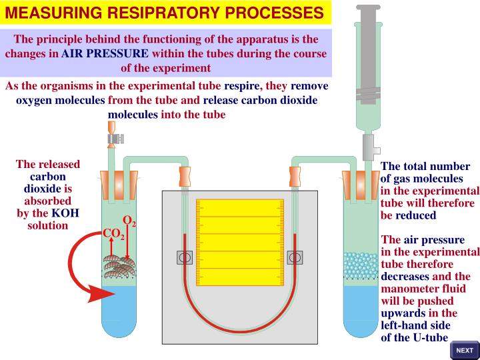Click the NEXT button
464,350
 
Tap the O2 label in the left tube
129,221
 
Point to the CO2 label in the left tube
113,234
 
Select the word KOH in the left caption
66,213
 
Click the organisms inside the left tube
119,265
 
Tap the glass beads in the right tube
360,264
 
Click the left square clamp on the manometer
185,257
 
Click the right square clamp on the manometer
294,257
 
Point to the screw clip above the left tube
116,139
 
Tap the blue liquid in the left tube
119,313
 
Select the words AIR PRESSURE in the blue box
105,53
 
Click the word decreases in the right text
405,276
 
